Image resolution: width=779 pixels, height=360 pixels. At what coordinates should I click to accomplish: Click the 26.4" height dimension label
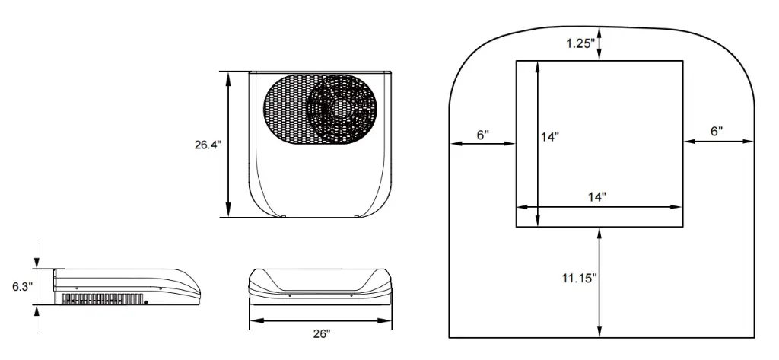[207, 145]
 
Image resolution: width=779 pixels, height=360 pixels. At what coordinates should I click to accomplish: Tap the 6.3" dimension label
[23, 286]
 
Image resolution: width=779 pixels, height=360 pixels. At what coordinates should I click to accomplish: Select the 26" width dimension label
[322, 333]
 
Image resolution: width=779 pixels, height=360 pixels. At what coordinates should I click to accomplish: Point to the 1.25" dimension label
[580, 43]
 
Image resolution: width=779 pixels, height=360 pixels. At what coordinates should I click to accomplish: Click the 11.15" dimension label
[579, 279]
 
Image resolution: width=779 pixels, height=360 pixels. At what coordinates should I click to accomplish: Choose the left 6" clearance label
[483, 135]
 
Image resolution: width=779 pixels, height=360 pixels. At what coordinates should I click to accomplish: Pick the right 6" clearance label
[717, 132]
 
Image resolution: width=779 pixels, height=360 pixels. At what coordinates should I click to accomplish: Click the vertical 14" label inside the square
[550, 137]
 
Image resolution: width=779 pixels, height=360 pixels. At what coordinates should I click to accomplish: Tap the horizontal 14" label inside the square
[596, 197]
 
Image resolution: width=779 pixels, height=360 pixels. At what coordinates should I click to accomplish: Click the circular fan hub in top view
[340, 108]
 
